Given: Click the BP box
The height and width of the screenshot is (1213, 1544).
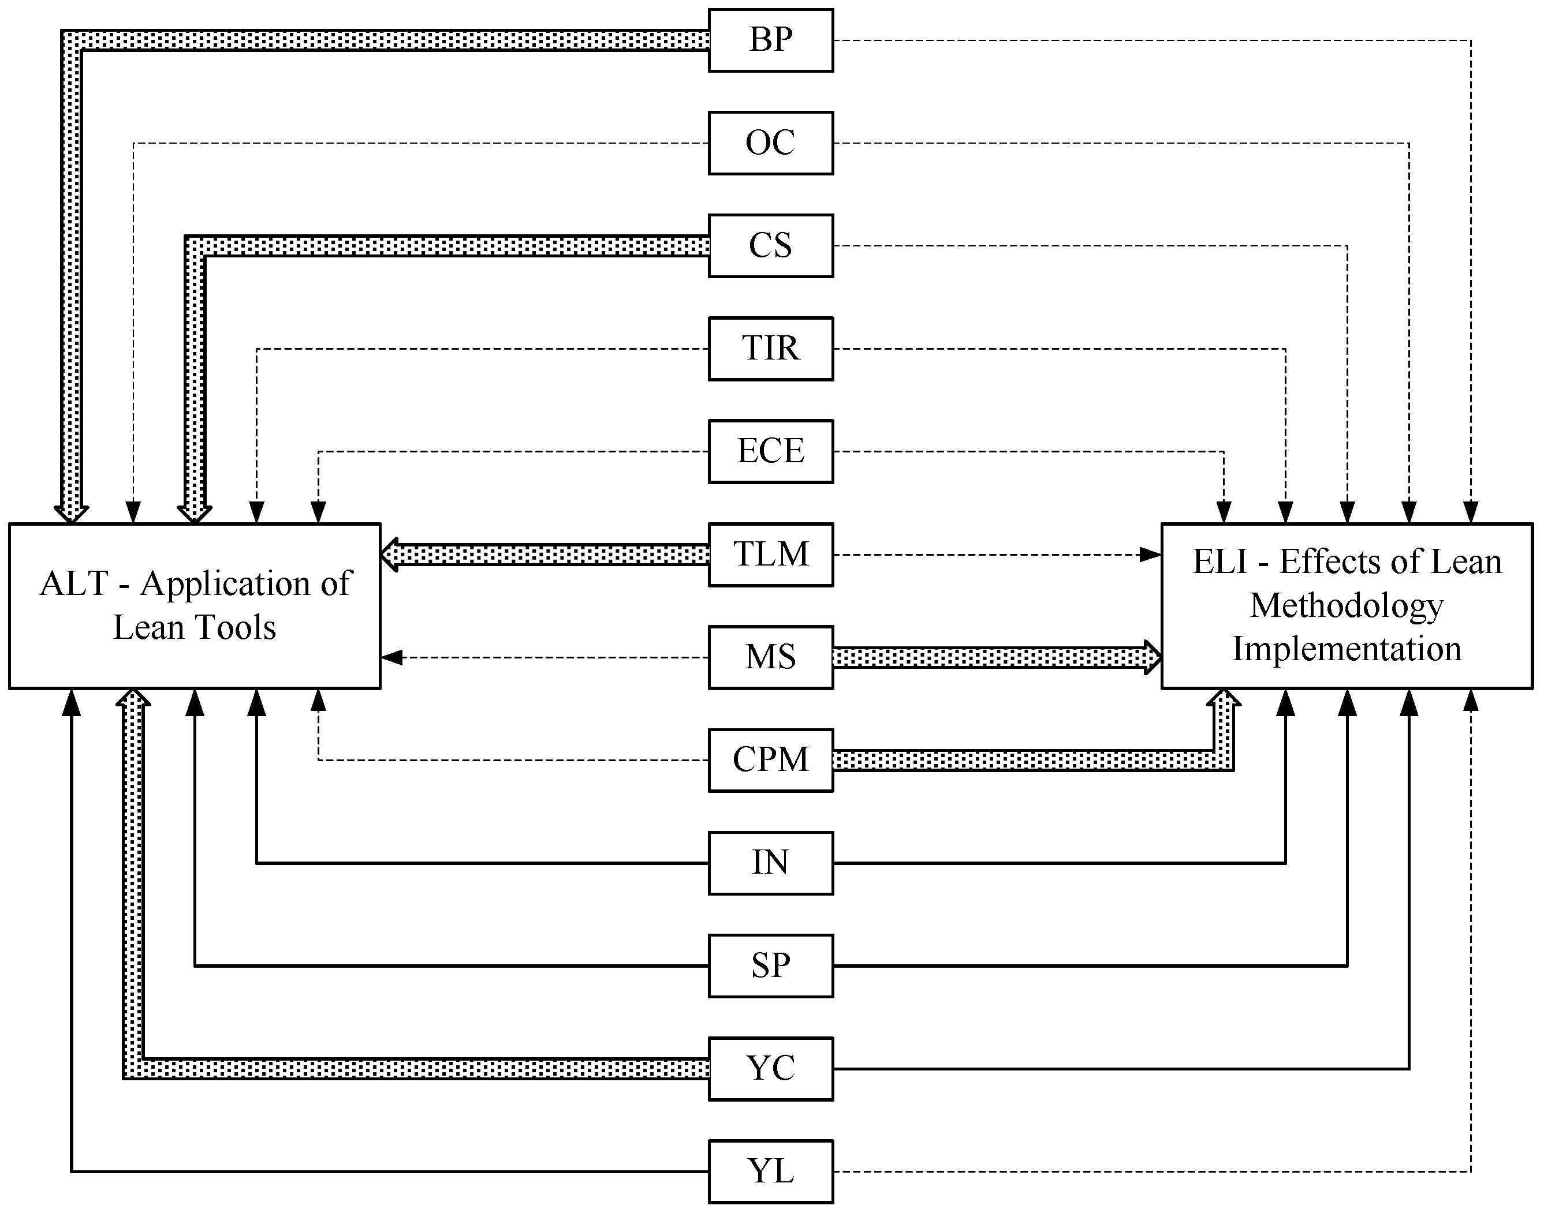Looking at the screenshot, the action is point(771,40).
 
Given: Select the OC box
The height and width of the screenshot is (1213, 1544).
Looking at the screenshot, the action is point(771,143).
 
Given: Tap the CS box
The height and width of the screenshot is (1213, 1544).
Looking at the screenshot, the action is point(771,246).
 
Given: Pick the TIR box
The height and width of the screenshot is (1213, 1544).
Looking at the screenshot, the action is point(771,349).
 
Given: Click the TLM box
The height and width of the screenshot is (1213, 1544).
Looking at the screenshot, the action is point(771,555).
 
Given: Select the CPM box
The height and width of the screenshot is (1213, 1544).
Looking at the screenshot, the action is point(771,761).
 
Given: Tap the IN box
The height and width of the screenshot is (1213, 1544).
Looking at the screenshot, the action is point(771,863).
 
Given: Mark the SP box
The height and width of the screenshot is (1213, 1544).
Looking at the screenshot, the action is point(771,966).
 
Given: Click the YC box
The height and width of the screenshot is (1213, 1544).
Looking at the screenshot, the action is point(771,1069).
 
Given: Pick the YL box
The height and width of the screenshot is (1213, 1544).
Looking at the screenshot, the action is point(771,1172).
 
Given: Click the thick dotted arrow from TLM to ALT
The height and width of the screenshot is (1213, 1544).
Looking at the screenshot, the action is point(544,555).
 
